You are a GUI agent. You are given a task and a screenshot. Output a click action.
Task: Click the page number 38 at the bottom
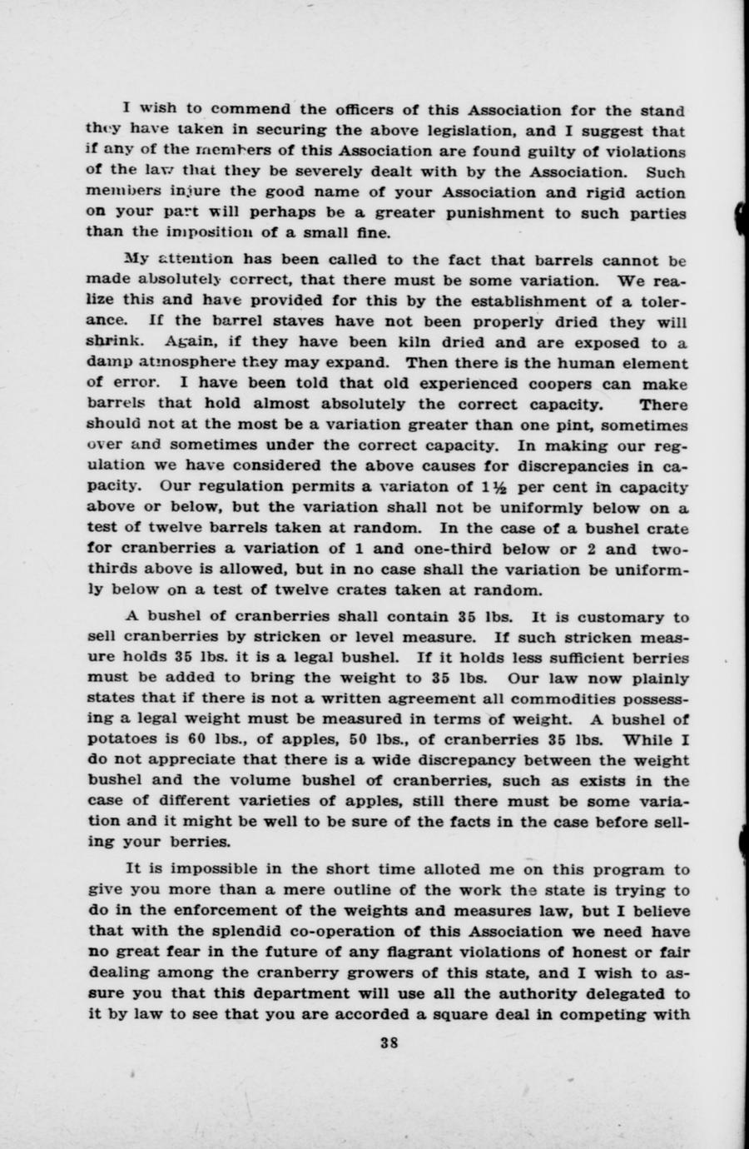pyautogui.click(x=386, y=1040)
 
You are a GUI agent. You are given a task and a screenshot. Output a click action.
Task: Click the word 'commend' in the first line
pyautogui.click(x=245, y=110)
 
